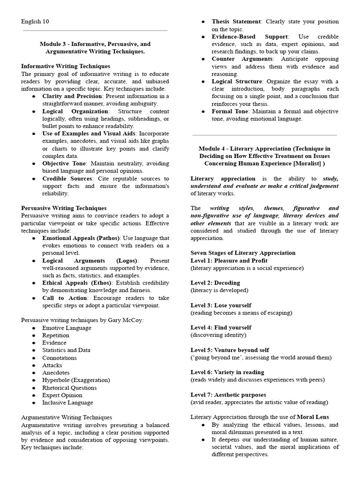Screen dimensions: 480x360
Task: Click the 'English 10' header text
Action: [35, 22]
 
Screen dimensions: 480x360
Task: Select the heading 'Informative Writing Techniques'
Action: [66, 66]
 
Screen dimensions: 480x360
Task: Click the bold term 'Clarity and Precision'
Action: [72, 96]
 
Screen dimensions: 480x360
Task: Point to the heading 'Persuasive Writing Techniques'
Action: [64, 208]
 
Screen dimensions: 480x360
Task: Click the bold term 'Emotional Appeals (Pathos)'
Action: [81, 238]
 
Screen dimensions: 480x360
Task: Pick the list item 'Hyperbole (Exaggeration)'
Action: [76, 380]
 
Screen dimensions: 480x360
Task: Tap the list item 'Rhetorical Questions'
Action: [69, 388]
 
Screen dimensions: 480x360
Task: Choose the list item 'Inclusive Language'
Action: [67, 403]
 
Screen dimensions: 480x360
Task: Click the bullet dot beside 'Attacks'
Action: [35, 366]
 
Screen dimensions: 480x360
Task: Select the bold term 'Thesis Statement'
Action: [236, 22]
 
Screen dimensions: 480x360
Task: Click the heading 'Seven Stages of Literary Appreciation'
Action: [243, 253]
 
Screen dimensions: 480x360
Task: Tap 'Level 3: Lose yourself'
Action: [221, 305]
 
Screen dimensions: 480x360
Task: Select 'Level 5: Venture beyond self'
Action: [230, 350]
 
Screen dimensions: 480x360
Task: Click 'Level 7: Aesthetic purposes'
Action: [228, 395]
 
